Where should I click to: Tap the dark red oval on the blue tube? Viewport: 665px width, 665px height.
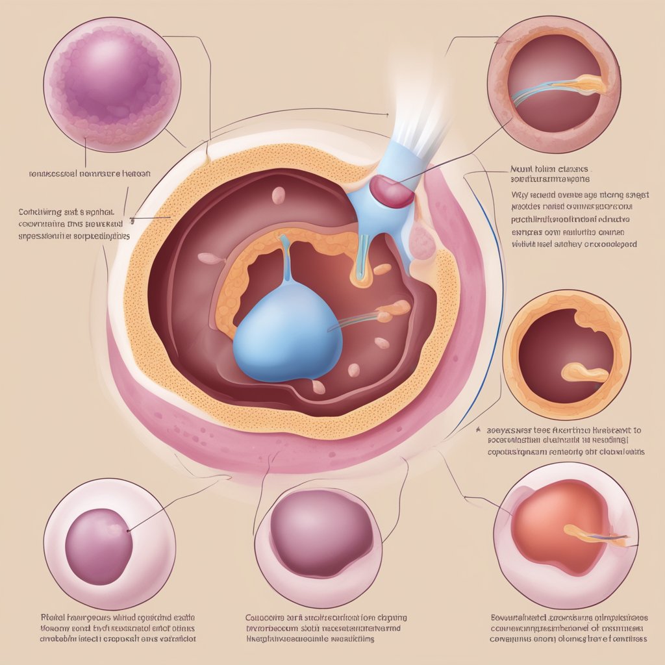click(392, 193)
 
